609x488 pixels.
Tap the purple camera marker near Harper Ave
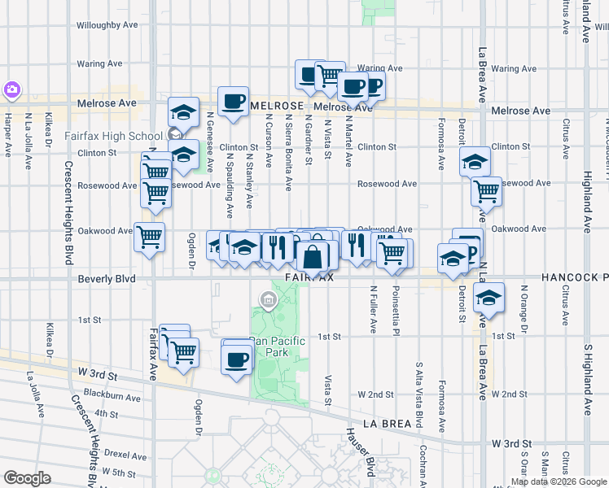(12, 89)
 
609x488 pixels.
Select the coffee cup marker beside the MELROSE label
(233, 102)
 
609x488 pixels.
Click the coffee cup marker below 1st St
(237, 358)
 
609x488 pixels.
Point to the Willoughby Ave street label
(110, 25)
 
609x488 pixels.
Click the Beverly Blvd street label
(107, 278)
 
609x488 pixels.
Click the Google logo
(27, 478)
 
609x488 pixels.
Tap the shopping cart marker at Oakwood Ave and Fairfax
(149, 237)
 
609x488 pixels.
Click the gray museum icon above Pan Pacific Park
(266, 302)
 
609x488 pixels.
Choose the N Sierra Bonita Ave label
(288, 152)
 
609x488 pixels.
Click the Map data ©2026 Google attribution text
(559, 481)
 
